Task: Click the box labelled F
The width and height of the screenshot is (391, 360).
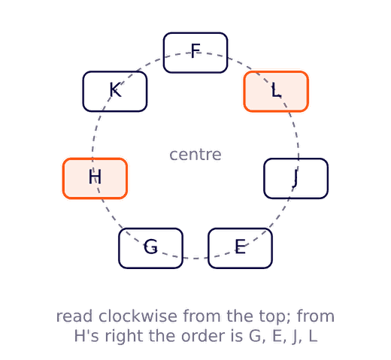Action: click(x=195, y=53)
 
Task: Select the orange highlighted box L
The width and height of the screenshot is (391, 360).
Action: click(x=276, y=92)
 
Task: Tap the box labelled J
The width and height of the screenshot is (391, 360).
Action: click(x=296, y=178)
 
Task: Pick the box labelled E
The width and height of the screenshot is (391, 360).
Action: click(x=240, y=248)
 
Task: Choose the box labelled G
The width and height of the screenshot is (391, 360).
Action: click(x=151, y=248)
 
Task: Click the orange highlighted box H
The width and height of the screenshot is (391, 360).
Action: click(x=95, y=178)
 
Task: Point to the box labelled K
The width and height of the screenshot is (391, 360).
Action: click(x=115, y=92)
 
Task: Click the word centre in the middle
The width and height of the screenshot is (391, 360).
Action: click(x=195, y=155)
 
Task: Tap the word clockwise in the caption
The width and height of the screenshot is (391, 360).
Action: click(x=138, y=316)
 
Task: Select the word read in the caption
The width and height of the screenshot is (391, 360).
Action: click(x=74, y=316)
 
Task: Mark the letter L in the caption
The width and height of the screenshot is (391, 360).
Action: click(x=313, y=336)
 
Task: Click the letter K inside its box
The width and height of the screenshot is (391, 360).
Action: click(x=116, y=89)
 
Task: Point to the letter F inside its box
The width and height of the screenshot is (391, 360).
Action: click(x=195, y=51)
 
